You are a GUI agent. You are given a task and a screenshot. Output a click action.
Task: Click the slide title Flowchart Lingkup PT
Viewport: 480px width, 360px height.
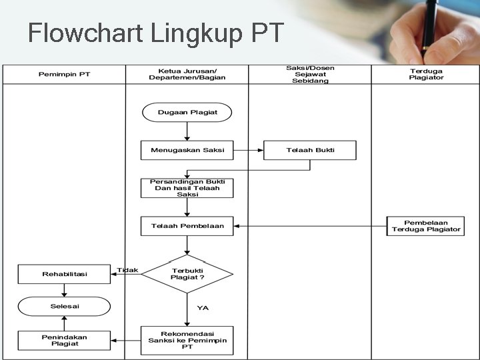pyautogui.click(x=156, y=32)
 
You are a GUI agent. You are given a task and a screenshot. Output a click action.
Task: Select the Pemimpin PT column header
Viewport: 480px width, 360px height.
pyautogui.click(x=64, y=74)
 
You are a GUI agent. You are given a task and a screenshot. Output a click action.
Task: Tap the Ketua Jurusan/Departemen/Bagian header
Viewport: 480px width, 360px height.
pyautogui.click(x=187, y=73)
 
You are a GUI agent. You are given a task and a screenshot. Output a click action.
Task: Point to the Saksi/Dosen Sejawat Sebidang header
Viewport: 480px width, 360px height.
pyautogui.click(x=310, y=73)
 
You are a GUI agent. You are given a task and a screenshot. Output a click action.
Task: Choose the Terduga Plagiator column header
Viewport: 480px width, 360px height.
pyautogui.click(x=426, y=73)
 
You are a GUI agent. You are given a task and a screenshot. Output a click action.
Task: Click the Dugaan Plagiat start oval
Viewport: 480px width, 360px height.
pyautogui.click(x=187, y=112)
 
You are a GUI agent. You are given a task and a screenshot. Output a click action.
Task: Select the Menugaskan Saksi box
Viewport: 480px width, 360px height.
pyautogui.click(x=187, y=150)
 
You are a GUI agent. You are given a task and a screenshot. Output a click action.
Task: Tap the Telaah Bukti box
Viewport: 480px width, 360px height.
pyautogui.click(x=310, y=150)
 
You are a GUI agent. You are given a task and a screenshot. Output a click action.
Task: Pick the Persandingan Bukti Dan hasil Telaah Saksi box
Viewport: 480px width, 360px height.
pyautogui.click(x=187, y=188)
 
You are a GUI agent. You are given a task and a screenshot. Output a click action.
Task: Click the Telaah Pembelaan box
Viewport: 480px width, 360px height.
pyautogui.click(x=187, y=226)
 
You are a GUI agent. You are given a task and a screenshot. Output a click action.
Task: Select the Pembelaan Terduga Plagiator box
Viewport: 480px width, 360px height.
pyautogui.click(x=426, y=226)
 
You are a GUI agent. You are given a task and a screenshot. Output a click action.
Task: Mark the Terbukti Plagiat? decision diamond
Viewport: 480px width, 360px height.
pyautogui.click(x=187, y=273)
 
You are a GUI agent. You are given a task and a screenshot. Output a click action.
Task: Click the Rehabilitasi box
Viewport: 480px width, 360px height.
pyautogui.click(x=64, y=274)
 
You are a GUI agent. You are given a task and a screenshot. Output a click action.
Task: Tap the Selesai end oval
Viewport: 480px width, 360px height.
pyautogui.click(x=64, y=306)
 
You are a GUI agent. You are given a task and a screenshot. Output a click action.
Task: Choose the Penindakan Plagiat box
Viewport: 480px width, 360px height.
pyautogui.click(x=64, y=340)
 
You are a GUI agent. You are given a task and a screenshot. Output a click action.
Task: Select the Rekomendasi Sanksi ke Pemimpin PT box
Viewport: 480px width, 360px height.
pyautogui.click(x=187, y=340)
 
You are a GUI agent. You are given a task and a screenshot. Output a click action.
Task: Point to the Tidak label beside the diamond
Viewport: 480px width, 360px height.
pyautogui.click(x=127, y=270)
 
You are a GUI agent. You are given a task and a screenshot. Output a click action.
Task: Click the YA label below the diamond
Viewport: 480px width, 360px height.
pyautogui.click(x=203, y=307)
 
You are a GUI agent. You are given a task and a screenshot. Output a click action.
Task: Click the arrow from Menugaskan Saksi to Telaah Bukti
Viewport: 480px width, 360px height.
pyautogui.click(x=249, y=150)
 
